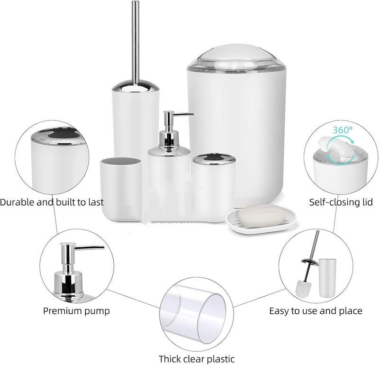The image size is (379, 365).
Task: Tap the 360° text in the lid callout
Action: (x=343, y=130)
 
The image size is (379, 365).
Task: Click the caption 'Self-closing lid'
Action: (x=341, y=202)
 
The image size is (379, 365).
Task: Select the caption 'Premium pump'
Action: (x=76, y=311)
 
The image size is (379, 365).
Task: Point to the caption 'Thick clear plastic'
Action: (x=197, y=359)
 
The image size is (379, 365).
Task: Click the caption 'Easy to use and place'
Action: (x=316, y=311)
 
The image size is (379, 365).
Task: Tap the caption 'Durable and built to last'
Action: (x=52, y=202)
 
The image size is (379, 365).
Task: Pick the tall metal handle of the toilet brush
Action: (x=135, y=42)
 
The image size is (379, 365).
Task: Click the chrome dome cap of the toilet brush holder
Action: (x=135, y=87)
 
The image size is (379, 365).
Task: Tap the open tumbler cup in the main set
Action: (x=121, y=189)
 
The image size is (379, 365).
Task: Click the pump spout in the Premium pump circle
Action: (x=90, y=247)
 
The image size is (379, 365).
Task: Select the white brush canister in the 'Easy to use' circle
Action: (x=327, y=278)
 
